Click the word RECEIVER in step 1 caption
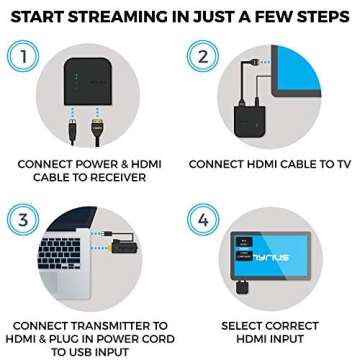118,178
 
